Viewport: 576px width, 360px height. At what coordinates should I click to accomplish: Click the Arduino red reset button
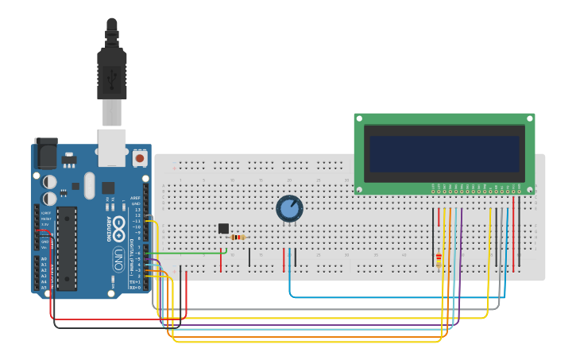tap(140, 158)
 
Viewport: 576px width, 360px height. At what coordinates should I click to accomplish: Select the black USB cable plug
tap(112, 72)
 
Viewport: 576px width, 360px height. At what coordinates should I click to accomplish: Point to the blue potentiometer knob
tap(289, 208)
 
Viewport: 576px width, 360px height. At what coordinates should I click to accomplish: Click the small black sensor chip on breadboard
tap(223, 229)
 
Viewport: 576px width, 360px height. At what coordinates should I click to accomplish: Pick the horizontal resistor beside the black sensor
tap(238, 237)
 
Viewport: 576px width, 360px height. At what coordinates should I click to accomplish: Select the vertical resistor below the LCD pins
tap(439, 258)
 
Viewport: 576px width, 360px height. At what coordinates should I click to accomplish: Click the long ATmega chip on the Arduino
tap(68, 249)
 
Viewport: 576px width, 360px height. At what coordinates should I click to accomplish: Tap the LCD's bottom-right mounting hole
tap(529, 189)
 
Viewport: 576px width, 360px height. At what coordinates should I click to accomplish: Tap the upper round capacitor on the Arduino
tap(50, 182)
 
